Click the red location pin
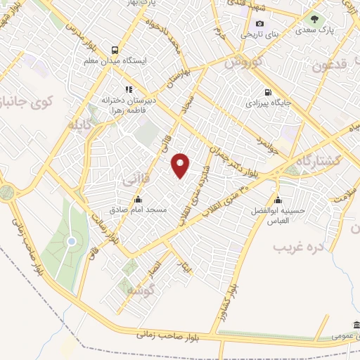pyautogui.click(x=181, y=165)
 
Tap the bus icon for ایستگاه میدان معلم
pyautogui.click(x=114, y=50)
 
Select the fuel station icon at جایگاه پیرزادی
pyautogui.click(x=267, y=92)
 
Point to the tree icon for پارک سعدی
pyautogui.click(x=314, y=19)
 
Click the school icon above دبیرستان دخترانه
pyautogui.click(x=128, y=89)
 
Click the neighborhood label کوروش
pyautogui.click(x=243, y=63)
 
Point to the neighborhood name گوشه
pyautogui.click(x=141, y=289)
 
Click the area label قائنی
pyautogui.click(x=136, y=180)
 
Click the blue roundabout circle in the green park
pyautogui.click(x=71, y=242)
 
